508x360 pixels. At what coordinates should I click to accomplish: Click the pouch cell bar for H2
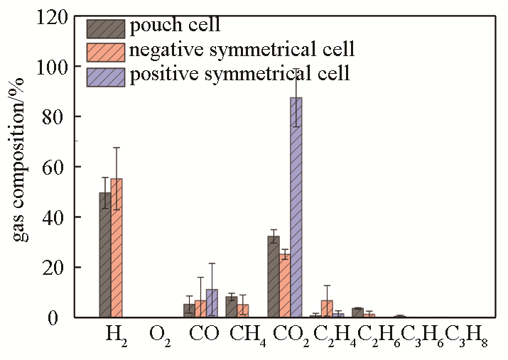[105, 255]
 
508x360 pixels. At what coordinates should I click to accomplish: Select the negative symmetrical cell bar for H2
[117, 248]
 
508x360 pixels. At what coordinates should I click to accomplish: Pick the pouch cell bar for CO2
[273, 277]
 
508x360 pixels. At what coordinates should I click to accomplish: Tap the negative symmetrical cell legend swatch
[106, 52]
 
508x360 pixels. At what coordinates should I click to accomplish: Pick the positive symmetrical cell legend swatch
[106, 76]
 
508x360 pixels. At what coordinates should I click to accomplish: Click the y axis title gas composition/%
[21, 168]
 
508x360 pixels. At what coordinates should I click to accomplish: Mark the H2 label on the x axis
[115, 334]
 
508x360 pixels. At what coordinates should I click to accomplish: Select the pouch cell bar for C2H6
[357, 313]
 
